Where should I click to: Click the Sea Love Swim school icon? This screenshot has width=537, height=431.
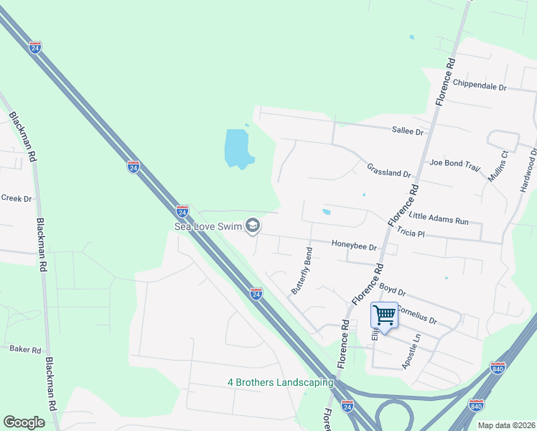pos(252,226)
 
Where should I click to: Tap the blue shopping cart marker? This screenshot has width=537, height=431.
pos(385,315)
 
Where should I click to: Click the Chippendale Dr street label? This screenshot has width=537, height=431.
pos(480,87)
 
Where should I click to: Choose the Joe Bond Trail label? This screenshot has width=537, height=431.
pos(454,165)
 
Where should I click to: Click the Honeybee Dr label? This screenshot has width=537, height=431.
pos(354,245)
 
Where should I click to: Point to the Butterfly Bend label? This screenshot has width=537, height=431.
pos(302,271)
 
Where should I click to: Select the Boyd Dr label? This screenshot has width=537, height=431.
pos(393,289)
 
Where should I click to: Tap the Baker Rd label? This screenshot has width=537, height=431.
pos(25,349)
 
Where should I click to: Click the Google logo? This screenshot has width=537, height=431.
pos(24,422)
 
